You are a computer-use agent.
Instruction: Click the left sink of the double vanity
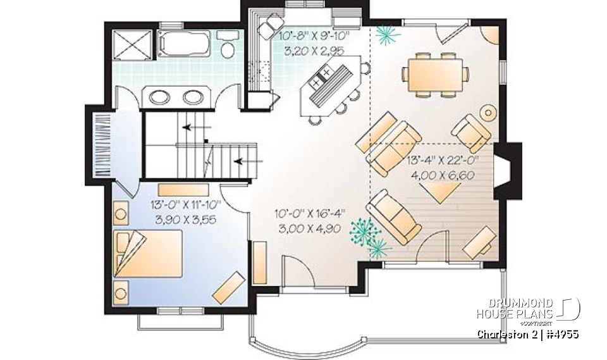[x=158, y=96]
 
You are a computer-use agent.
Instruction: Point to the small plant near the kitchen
[x=383, y=36]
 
